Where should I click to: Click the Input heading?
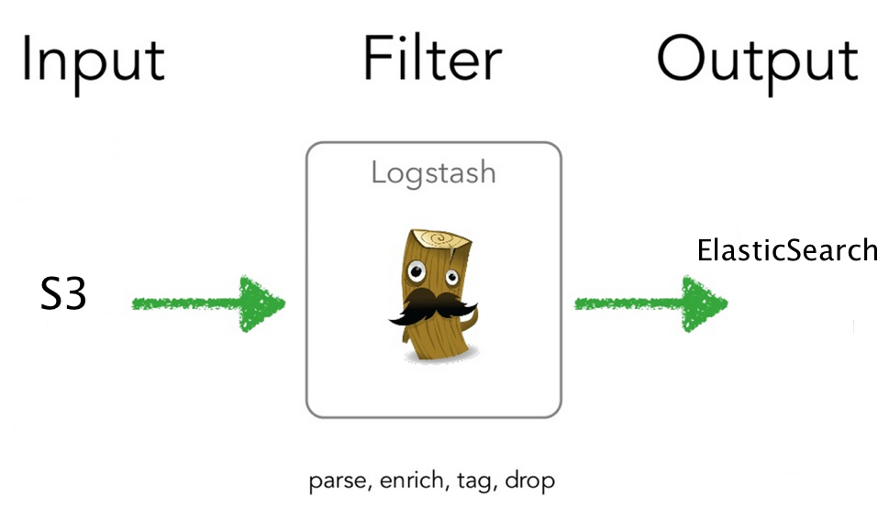tap(93, 61)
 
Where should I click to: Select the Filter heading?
tap(432, 59)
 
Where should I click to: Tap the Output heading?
tap(757, 61)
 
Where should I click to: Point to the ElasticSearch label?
tap(787, 250)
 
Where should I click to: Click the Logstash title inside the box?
tap(433, 172)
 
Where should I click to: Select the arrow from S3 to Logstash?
tap(207, 303)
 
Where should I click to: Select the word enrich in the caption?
tap(403, 480)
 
